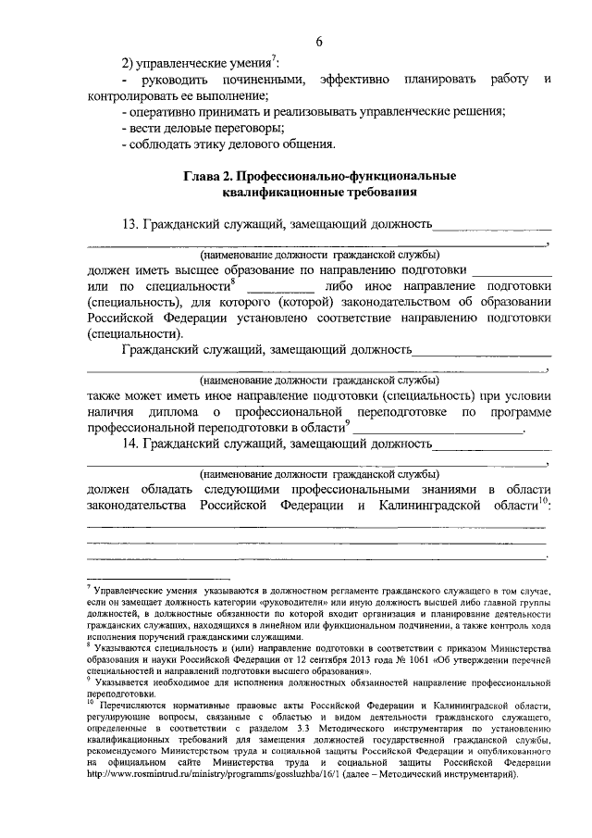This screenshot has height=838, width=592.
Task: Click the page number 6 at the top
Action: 319,42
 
